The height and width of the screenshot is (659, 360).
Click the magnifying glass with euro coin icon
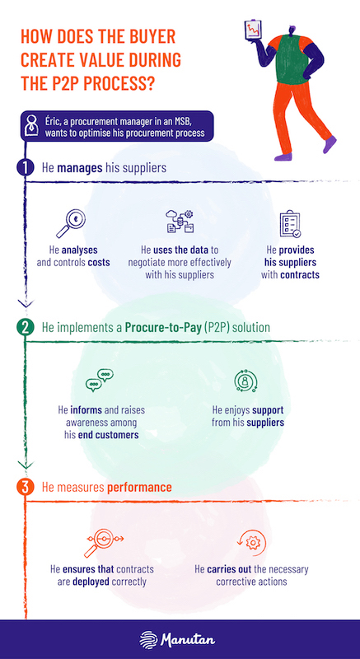tap(71, 223)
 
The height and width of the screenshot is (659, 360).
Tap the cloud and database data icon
tap(180, 221)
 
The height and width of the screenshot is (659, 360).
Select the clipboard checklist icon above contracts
tap(290, 224)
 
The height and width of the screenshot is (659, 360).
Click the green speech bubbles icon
tap(100, 380)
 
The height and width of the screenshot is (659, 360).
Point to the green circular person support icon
tap(245, 381)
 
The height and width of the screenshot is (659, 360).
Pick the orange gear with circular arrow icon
tap(251, 544)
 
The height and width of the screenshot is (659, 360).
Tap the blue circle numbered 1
tap(26, 168)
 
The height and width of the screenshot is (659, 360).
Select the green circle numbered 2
tap(26, 327)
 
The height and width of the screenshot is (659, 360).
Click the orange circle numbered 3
tap(26, 488)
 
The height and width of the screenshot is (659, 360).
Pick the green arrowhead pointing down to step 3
tap(26, 464)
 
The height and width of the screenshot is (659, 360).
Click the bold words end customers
tap(109, 435)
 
